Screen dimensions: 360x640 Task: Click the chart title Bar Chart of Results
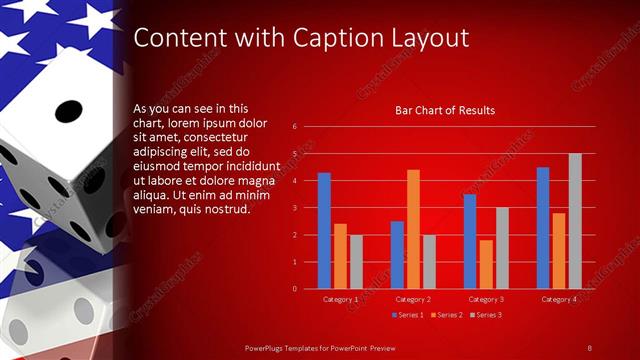pos(445,110)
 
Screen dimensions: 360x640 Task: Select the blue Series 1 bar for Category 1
pos(324,231)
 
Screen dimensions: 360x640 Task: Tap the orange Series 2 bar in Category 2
pos(413,229)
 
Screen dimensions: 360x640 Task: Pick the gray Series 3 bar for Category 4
pos(575,221)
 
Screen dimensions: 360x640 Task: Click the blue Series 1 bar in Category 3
pos(470,241)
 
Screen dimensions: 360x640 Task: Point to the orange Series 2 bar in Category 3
pos(486,264)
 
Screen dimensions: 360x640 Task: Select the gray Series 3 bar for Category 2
pos(429,262)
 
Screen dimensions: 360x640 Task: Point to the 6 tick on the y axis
pos(295,127)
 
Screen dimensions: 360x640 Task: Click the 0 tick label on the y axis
pos(295,288)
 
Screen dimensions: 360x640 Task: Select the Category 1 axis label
pos(340,299)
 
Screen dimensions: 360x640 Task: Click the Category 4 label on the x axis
pos(559,299)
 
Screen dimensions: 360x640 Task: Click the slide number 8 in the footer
pos(590,347)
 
